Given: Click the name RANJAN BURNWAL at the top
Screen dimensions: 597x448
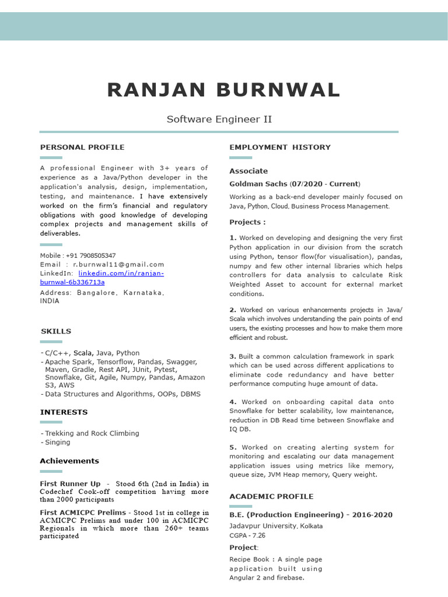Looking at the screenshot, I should tap(224, 90).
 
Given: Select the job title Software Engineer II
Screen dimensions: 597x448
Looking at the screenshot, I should tap(219, 119).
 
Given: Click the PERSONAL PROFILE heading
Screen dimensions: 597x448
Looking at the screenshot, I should tap(82, 147).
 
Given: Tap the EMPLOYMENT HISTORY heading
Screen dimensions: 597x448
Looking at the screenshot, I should tap(280, 147).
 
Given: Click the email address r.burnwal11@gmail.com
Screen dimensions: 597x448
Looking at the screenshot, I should tap(118, 264).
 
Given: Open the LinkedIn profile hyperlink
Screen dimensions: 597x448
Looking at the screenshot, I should tap(121, 273).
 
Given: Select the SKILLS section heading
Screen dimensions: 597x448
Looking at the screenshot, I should tap(56, 331).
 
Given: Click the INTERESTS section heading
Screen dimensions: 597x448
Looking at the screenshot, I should tap(64, 412).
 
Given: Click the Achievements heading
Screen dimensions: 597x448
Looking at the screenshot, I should tap(69, 461).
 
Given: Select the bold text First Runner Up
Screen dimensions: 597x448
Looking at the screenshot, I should tap(70, 484).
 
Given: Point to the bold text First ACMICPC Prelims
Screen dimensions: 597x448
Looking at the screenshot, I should tap(83, 512).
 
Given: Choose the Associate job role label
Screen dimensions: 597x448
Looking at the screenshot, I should tap(249, 171).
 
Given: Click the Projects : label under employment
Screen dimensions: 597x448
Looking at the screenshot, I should tap(247, 222).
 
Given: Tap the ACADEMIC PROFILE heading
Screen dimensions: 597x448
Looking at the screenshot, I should tap(271, 496).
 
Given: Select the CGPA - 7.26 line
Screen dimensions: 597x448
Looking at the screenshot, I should tap(247, 535).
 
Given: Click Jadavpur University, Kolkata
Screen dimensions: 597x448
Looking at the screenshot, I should tap(276, 526).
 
